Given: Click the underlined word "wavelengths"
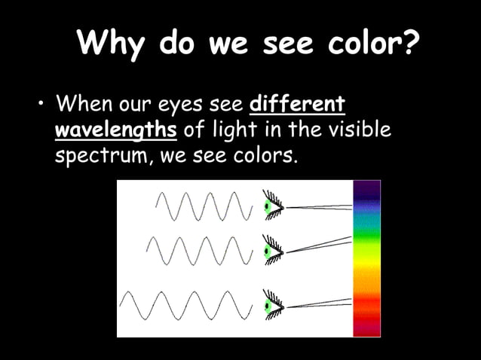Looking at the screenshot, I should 116,130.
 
